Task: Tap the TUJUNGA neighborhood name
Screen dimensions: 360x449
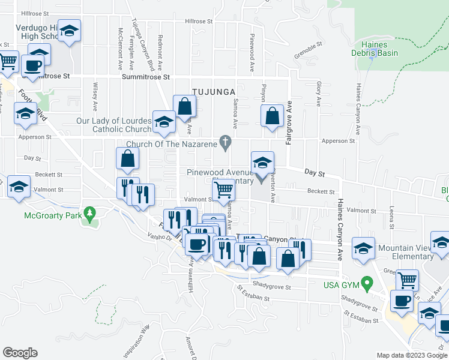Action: (x=211, y=91)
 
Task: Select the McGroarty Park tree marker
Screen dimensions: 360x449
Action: (x=90, y=212)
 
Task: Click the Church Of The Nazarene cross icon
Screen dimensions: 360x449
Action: (x=226, y=142)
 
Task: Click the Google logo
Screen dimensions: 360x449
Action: (x=20, y=353)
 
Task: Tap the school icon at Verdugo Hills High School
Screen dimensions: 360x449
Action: (x=70, y=31)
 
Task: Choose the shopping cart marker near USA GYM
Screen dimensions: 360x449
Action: (x=408, y=280)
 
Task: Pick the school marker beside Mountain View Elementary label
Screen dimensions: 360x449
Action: (x=364, y=248)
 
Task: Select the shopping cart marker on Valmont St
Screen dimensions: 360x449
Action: (x=223, y=190)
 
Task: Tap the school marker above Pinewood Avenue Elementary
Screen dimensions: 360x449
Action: (x=262, y=162)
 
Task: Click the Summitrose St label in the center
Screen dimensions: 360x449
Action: (x=146, y=77)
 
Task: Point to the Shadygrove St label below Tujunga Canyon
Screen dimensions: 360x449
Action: (x=271, y=287)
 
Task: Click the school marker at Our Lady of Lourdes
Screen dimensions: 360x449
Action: (x=163, y=122)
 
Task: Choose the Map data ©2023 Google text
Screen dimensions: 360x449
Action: (x=412, y=355)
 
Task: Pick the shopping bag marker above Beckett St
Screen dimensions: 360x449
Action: (x=128, y=158)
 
